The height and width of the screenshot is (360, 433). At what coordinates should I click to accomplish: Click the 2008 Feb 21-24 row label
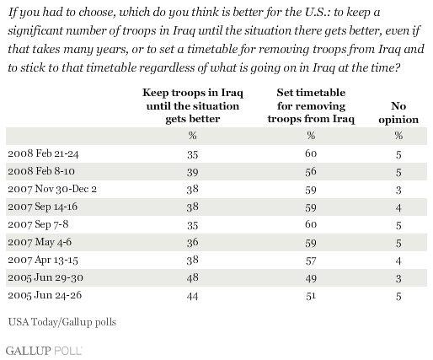click(43, 153)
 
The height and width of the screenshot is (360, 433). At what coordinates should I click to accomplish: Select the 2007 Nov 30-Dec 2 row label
click(52, 189)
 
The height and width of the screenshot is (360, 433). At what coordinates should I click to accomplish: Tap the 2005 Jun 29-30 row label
click(45, 277)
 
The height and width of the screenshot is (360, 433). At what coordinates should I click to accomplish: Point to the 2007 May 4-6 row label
click(40, 242)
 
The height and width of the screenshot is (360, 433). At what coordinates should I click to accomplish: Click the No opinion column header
click(398, 113)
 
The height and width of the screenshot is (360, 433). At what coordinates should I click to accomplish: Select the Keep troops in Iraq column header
click(193, 105)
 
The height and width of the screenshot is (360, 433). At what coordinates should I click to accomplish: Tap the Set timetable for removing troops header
click(311, 105)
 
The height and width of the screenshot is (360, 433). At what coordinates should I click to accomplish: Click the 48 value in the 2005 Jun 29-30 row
click(193, 278)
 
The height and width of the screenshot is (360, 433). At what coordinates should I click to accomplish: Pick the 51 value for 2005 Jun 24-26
click(311, 296)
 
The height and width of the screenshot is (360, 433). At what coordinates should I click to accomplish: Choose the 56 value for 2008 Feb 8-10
click(311, 171)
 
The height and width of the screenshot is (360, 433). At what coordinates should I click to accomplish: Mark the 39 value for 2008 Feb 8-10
click(193, 172)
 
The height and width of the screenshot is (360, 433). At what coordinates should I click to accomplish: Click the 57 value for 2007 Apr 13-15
click(311, 261)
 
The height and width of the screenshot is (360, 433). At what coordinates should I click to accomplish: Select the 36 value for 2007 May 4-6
click(193, 243)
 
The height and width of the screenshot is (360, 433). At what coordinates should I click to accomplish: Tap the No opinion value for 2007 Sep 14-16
click(398, 207)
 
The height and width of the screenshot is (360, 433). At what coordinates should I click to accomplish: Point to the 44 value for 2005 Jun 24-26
click(193, 296)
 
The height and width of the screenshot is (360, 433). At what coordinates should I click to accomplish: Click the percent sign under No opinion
click(398, 136)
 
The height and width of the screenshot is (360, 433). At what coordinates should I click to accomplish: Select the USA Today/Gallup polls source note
click(62, 322)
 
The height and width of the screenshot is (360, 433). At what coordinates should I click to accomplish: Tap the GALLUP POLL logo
click(44, 351)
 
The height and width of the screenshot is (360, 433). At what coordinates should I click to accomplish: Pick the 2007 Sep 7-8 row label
click(38, 224)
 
